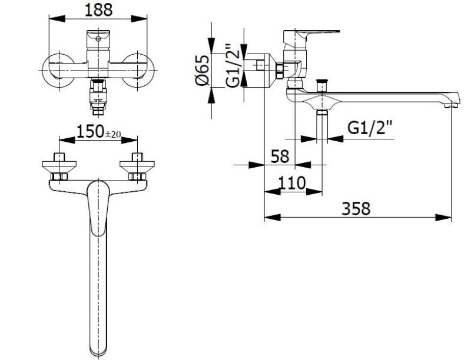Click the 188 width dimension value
pos(98,9)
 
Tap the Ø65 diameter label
pos(202,70)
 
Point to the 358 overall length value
pos(357,208)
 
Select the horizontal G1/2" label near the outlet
pos(370,129)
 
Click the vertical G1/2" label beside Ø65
pos(234,65)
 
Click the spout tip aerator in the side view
pos(451,105)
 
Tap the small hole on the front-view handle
pos(97,39)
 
